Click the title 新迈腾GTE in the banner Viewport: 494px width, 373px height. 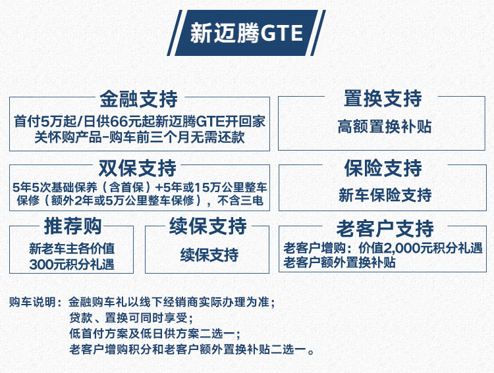click(x=246, y=33)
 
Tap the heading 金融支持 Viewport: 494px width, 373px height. click(x=139, y=99)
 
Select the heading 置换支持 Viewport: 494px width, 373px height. click(x=383, y=98)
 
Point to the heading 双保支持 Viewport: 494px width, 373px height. click(x=138, y=168)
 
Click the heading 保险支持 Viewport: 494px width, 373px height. click(x=383, y=168)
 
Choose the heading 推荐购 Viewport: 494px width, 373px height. click(x=72, y=226)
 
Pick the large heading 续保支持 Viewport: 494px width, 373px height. click(x=208, y=226)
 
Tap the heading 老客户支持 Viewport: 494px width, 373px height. click(x=385, y=228)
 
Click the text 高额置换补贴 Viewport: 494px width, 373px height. click(x=385, y=126)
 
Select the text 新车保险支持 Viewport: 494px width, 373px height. click(x=385, y=195)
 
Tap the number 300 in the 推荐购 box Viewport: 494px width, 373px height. click(x=41, y=264)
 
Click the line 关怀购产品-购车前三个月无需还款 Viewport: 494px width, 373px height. click(x=140, y=137)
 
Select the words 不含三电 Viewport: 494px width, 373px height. click(x=240, y=200)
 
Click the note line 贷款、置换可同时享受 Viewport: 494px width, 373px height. click(x=131, y=318)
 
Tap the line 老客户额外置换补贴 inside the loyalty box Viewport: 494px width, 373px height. click(x=339, y=262)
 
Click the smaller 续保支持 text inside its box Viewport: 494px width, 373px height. click(x=209, y=255)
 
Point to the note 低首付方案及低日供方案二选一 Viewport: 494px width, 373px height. click(x=154, y=334)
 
